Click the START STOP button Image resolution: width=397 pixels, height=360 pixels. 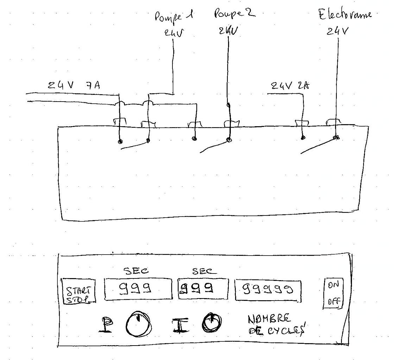[78, 291]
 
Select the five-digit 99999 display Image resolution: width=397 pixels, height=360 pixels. [268, 290]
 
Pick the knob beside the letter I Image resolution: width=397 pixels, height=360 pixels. [213, 321]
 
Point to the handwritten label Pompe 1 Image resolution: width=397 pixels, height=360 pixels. [175, 17]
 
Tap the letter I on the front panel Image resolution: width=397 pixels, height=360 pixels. [177, 324]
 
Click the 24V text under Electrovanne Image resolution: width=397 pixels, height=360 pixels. [337, 31]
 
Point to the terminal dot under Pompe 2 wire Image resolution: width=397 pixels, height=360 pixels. [229, 140]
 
